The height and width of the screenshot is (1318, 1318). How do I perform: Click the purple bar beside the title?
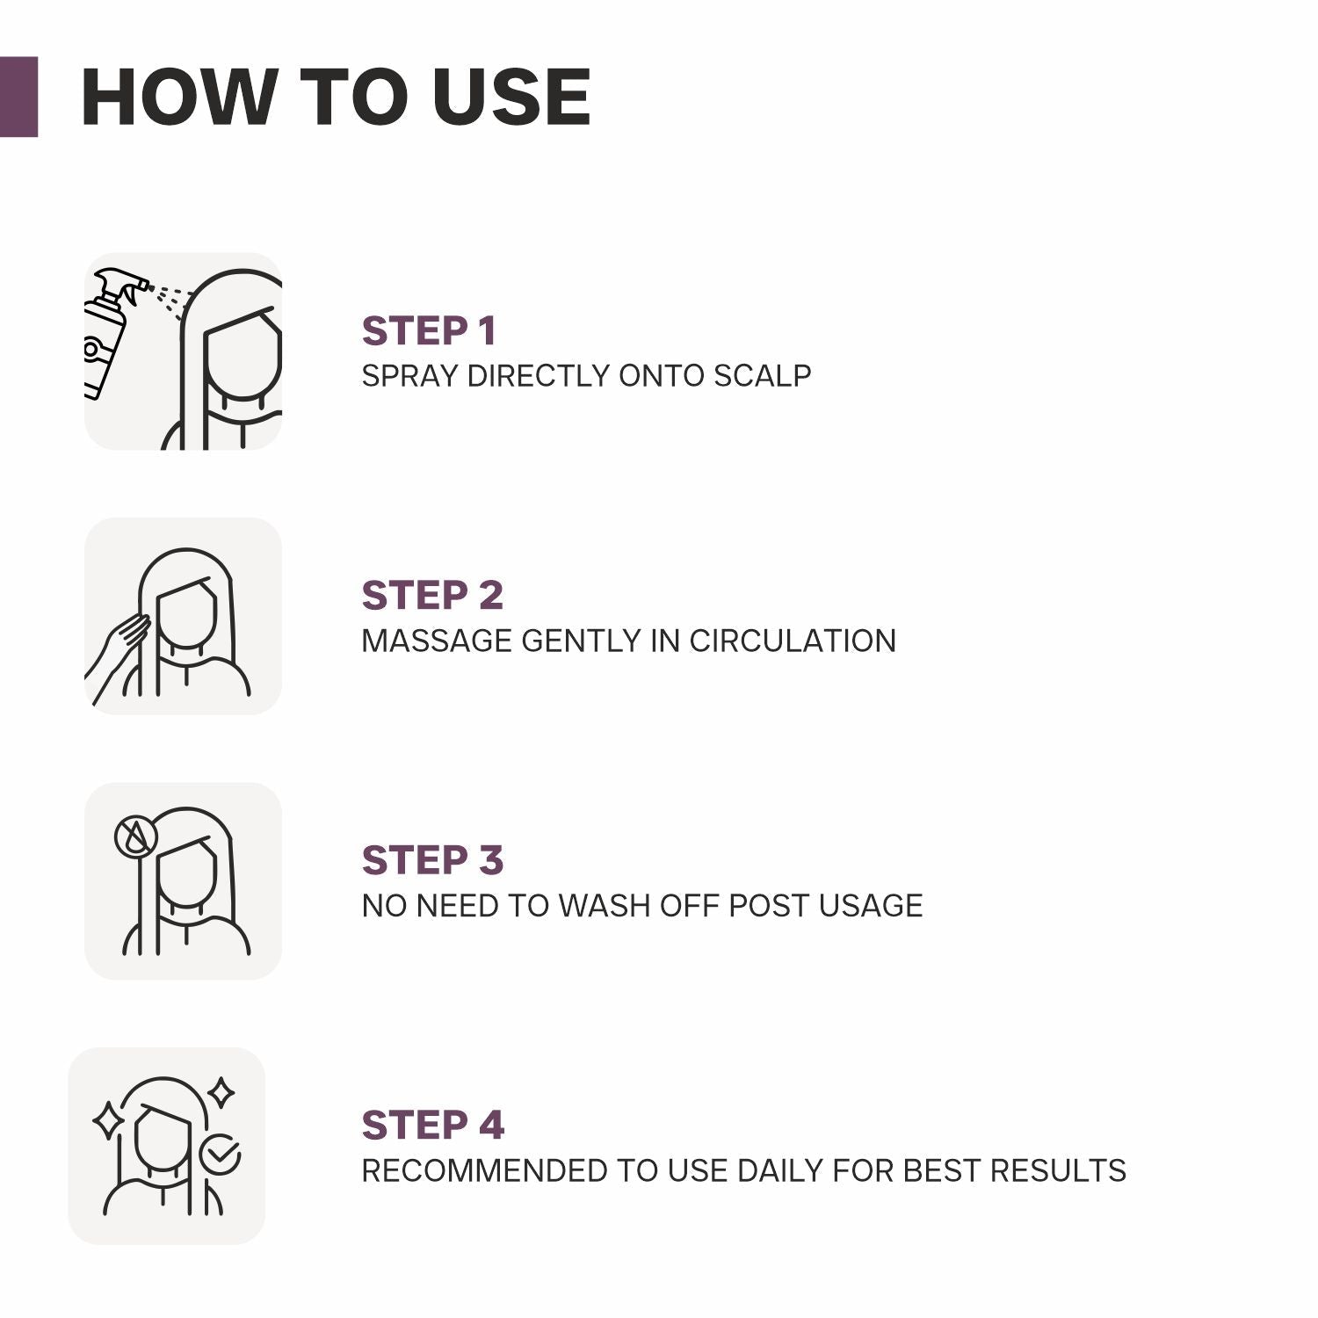pyautogui.click(x=18, y=97)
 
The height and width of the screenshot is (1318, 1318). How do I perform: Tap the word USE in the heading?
pyautogui.click(x=511, y=97)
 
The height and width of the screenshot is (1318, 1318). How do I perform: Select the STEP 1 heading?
pyautogui.click(x=429, y=331)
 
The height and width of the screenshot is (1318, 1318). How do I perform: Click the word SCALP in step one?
pyautogui.click(x=762, y=376)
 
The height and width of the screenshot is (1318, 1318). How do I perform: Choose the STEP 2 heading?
pyautogui.click(x=432, y=596)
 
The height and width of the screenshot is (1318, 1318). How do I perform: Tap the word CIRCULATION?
pyautogui.click(x=792, y=641)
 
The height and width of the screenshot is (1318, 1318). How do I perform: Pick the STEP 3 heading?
pyautogui.click(x=432, y=860)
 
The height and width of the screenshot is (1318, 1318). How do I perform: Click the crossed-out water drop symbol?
pyautogui.click(x=136, y=836)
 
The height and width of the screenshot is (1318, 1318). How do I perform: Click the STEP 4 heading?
pyautogui.click(x=432, y=1126)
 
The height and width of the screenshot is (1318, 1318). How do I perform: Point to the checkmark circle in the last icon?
pyautogui.click(x=220, y=1155)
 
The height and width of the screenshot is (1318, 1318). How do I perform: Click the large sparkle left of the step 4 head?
pyautogui.click(x=109, y=1121)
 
